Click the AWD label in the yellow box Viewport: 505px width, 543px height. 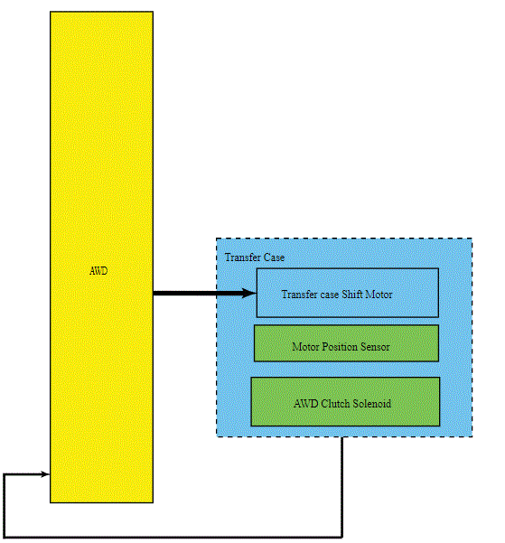pos(98,270)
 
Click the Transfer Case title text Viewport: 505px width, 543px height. pos(255,257)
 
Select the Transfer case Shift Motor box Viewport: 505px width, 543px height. pos(348,293)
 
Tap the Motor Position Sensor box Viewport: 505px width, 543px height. pos(346,343)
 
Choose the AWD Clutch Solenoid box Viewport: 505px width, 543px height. pos(345,401)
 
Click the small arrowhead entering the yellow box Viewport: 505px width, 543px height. pos(46,474)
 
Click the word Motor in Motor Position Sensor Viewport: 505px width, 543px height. pos(305,347)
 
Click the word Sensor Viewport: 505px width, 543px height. pos(375,347)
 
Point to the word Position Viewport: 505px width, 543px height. pos(340,347)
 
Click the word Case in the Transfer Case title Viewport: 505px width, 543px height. pos(274,257)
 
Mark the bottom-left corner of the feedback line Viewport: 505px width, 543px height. pos(5,537)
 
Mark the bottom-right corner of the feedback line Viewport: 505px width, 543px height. pos(341,537)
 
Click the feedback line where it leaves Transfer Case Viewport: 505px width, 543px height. pos(341,437)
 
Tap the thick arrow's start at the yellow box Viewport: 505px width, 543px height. pos(154,294)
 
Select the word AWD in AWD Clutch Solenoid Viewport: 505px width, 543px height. pos(306,404)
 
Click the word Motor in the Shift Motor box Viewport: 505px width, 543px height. pos(379,295)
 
